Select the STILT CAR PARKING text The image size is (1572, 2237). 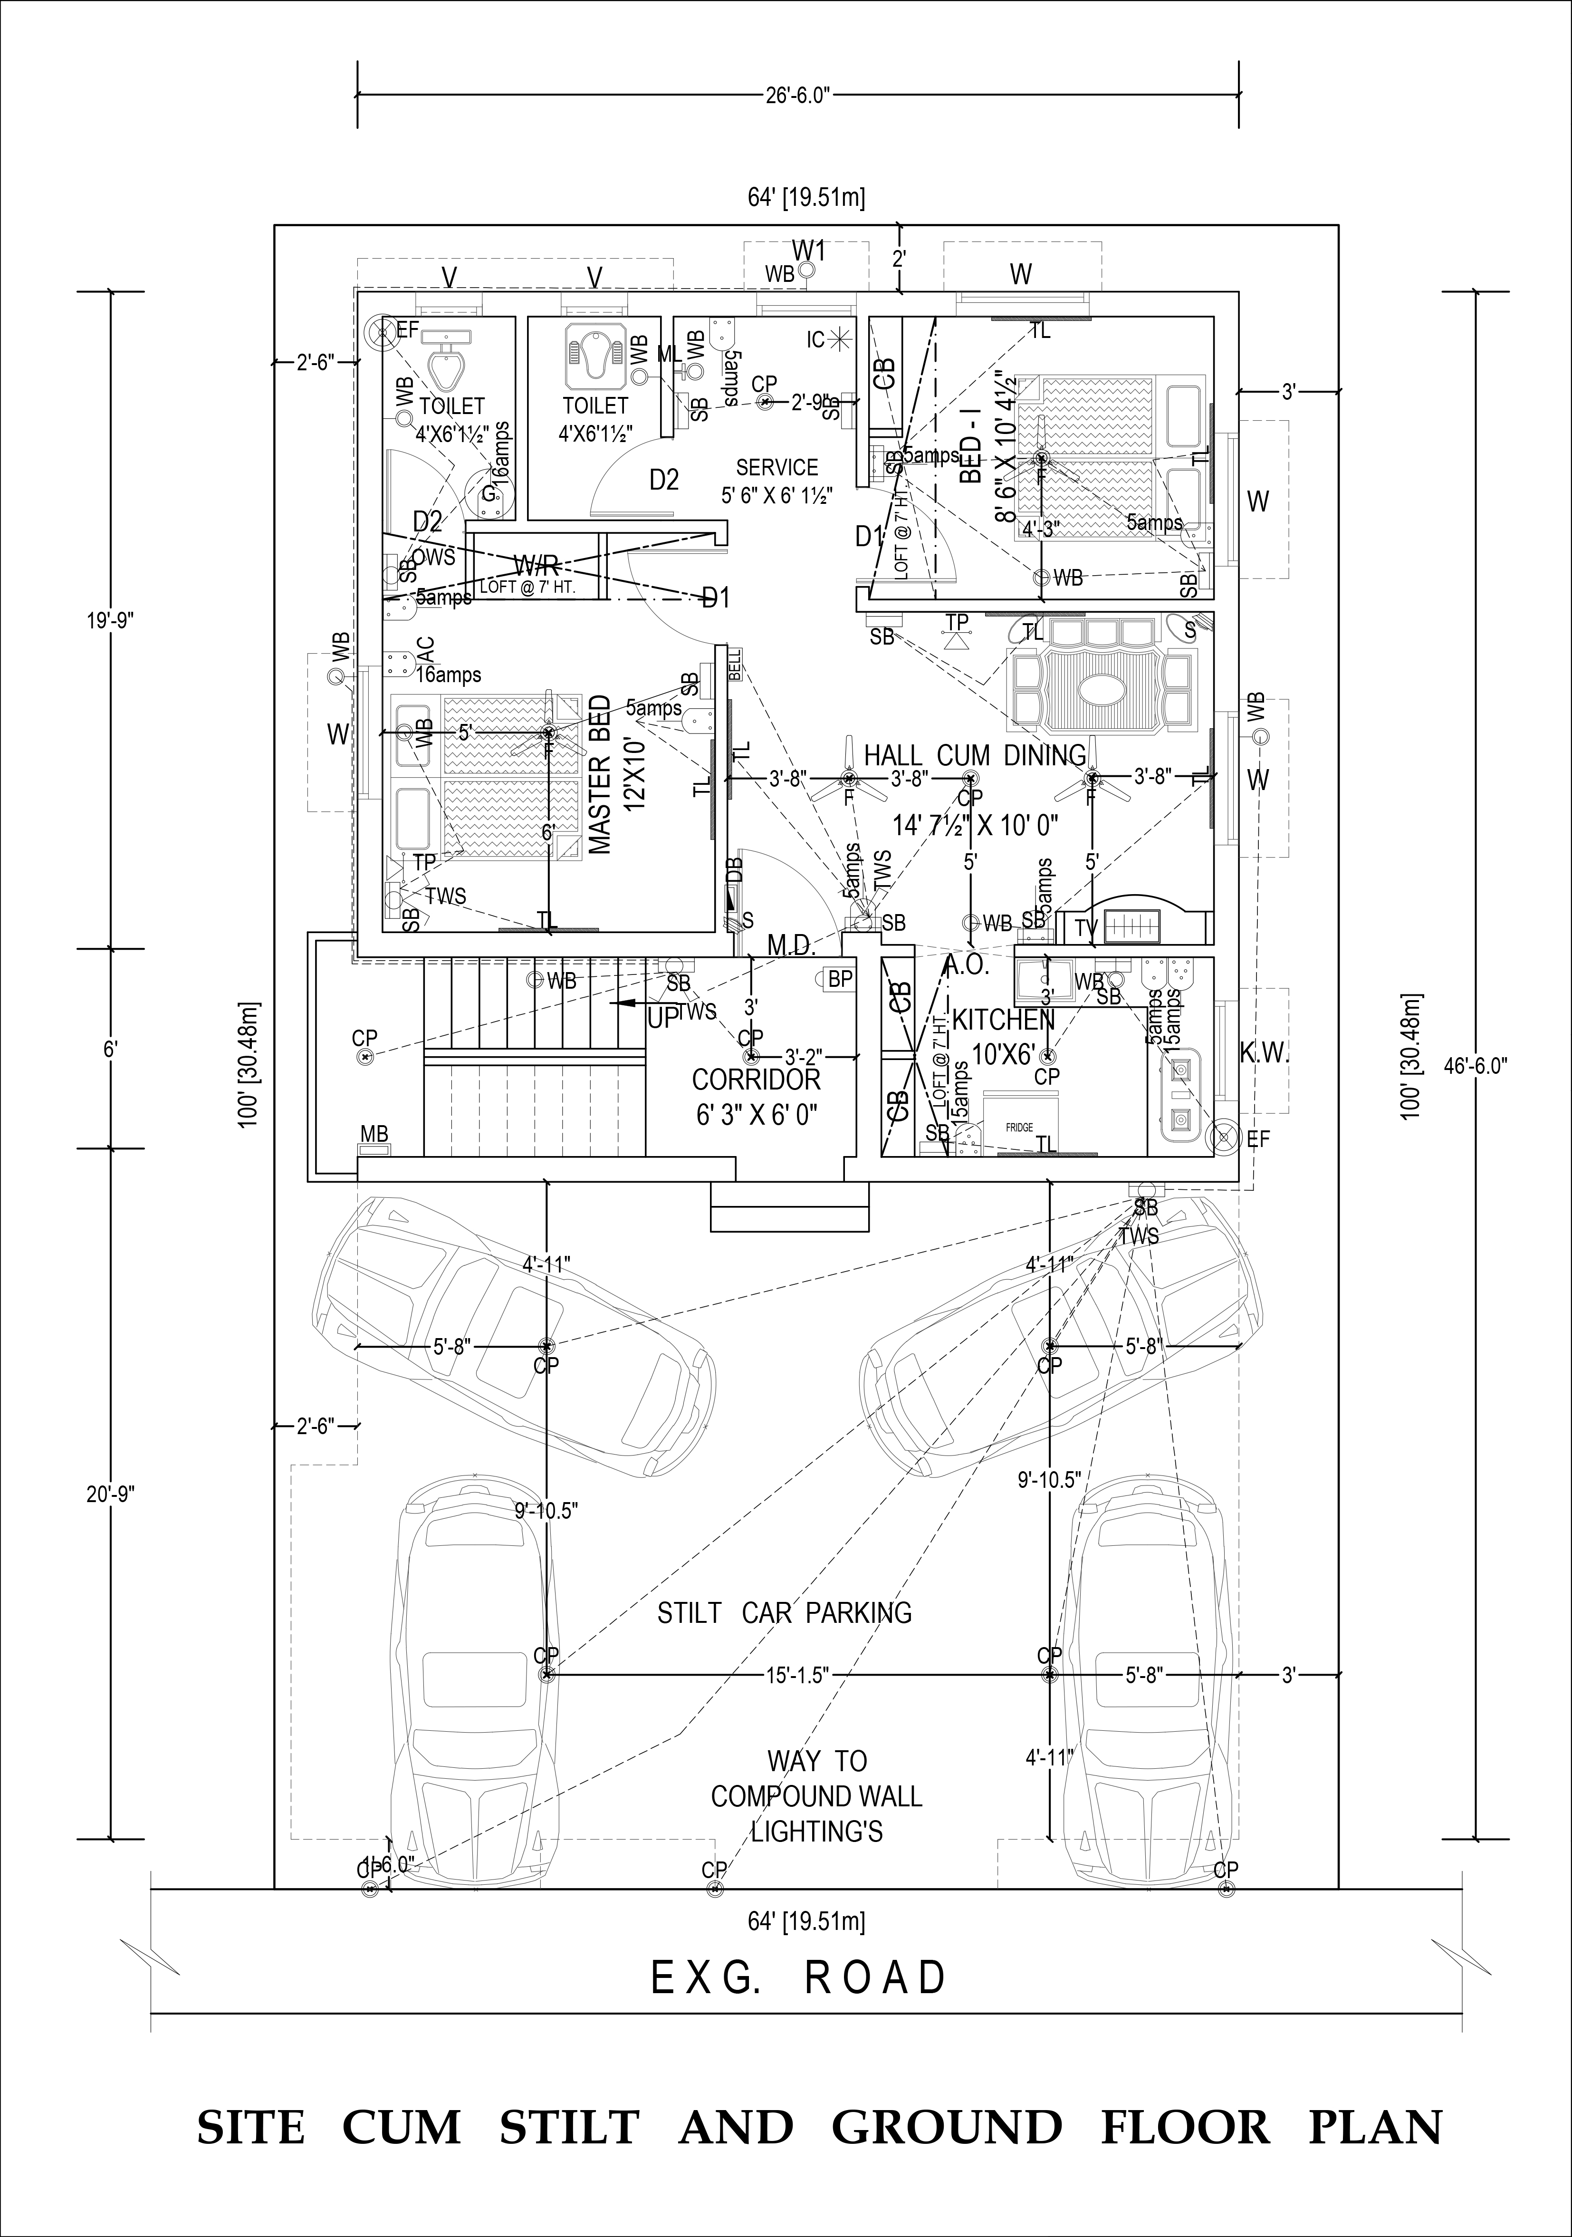(784, 1612)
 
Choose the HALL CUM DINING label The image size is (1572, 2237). (974, 755)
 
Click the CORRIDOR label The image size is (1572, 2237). (756, 1080)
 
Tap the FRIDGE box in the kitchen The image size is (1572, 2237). (1019, 1127)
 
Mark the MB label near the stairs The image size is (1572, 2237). (374, 1134)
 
